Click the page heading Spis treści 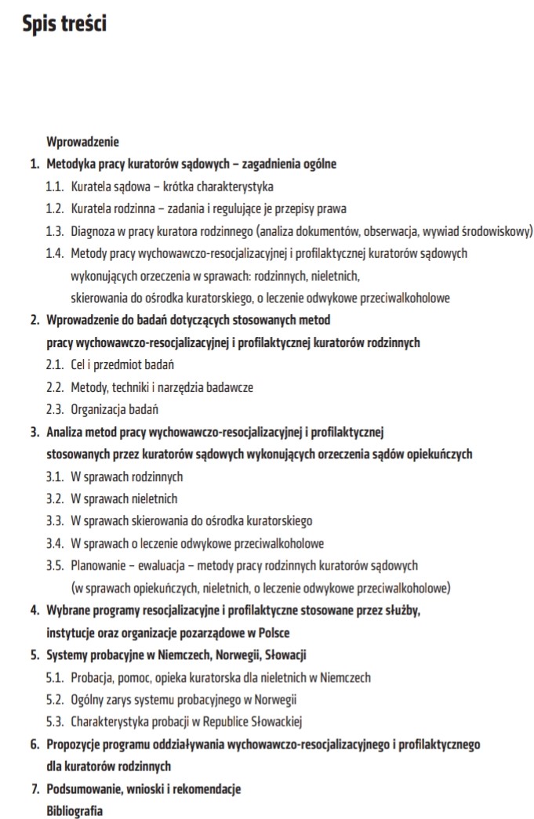tap(65, 24)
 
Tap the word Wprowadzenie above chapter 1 tap(82, 143)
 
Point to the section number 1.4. tap(54, 254)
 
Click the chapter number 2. tap(35, 321)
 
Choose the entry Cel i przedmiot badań tap(122, 365)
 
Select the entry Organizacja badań tap(114, 409)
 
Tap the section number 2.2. tap(54, 387)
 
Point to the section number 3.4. tap(54, 543)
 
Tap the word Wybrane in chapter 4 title tap(68, 610)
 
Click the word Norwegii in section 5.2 tap(276, 699)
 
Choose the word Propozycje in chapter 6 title tap(74, 744)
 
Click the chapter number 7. tap(35, 788)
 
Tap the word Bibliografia tap(74, 811)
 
